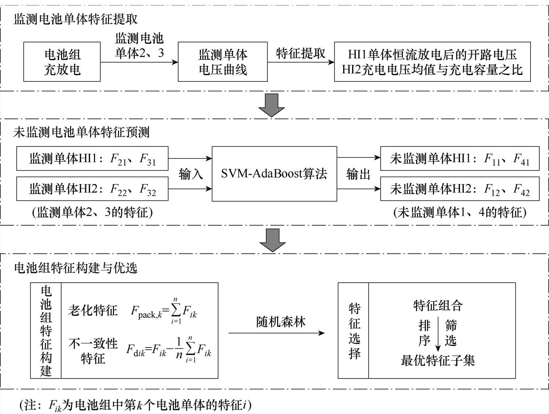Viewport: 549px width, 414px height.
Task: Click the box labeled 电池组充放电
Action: [62, 61]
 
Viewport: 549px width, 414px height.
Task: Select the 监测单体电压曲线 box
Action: [223, 61]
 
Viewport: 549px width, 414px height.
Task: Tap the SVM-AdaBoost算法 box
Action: [274, 174]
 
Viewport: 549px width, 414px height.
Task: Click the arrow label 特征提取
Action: [301, 53]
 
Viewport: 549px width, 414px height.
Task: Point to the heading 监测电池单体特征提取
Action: [76, 19]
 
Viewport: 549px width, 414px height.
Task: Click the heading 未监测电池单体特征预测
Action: [82, 132]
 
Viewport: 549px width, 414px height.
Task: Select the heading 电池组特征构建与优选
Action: [76, 268]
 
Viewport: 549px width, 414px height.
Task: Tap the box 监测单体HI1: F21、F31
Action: [92, 158]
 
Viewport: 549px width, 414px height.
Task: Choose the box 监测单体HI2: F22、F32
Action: [92, 189]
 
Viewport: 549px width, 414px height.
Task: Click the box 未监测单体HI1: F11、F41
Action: [460, 158]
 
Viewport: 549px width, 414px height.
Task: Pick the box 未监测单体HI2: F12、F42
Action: [460, 189]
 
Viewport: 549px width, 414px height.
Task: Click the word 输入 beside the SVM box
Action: [191, 174]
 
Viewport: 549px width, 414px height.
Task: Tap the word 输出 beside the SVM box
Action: [358, 174]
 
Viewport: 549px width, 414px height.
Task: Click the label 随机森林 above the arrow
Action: [281, 322]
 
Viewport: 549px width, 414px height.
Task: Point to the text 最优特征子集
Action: [438, 361]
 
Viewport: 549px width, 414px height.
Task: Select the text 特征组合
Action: [438, 306]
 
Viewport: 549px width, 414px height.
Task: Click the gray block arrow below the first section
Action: [271, 105]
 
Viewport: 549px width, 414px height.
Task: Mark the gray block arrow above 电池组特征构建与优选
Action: [272, 240]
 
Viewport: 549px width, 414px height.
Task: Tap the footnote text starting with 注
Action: [135, 405]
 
